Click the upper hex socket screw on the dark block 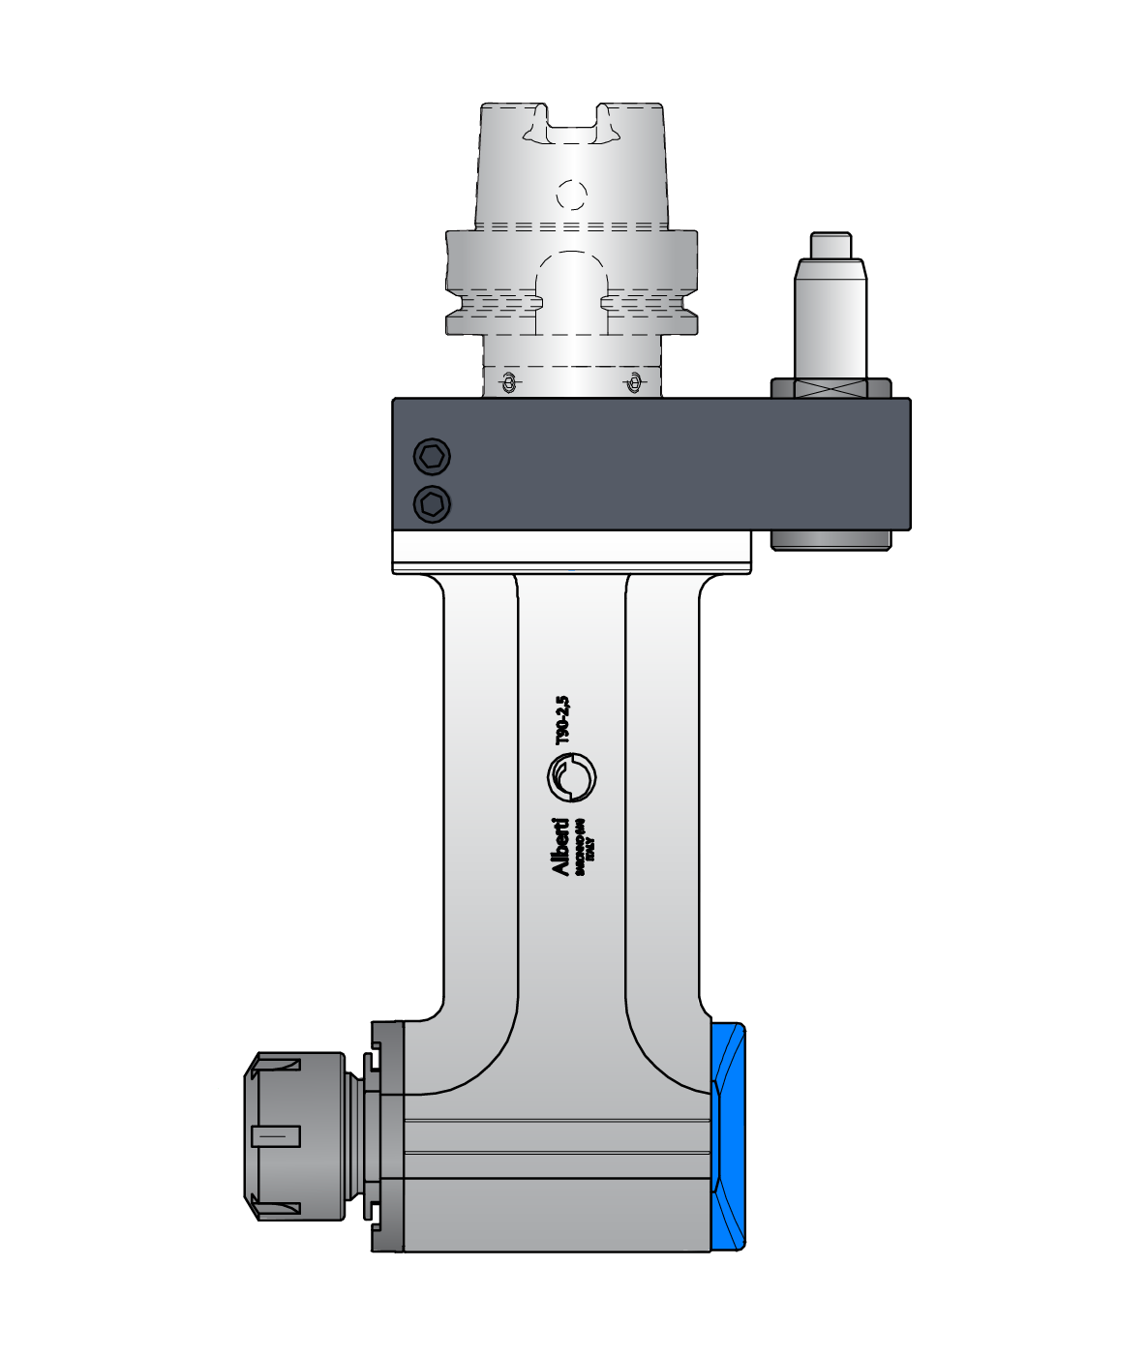point(432,455)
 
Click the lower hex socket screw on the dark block point(432,503)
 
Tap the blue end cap point(729,1136)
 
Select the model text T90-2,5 point(561,720)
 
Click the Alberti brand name point(559,848)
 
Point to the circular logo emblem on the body point(571,777)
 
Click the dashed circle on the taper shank point(572,196)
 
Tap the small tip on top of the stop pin point(831,246)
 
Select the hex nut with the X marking point(831,388)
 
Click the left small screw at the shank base point(506,383)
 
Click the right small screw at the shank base point(633,383)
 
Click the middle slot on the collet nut point(276,1135)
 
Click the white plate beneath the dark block point(571,551)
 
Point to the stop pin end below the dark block point(831,539)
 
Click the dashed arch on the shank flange point(572,281)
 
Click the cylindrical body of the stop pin point(830,319)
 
